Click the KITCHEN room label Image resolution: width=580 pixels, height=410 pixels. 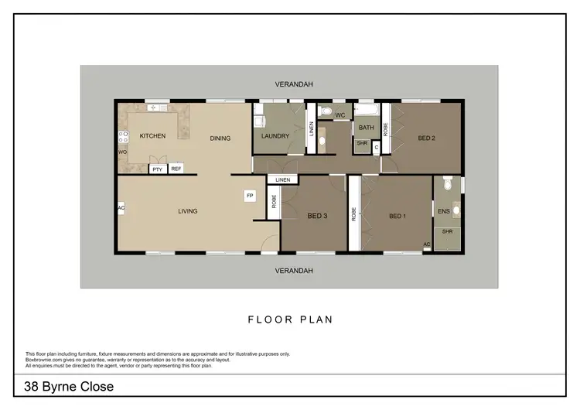pyautogui.click(x=152, y=136)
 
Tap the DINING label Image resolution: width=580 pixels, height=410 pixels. pyautogui.click(x=220, y=138)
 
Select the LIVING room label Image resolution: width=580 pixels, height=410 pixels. pyautogui.click(x=187, y=211)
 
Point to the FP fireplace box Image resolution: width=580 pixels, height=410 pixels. pyautogui.click(x=250, y=196)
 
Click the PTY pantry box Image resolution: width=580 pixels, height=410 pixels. pyautogui.click(x=158, y=169)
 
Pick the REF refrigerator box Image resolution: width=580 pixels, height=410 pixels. pyautogui.click(x=176, y=169)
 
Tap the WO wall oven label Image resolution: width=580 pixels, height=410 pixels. pyautogui.click(x=121, y=152)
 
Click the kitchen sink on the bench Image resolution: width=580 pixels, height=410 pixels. pyautogui.click(x=153, y=107)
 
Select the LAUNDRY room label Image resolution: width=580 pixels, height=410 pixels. pyautogui.click(x=275, y=137)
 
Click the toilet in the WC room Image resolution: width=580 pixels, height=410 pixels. pyautogui.click(x=326, y=114)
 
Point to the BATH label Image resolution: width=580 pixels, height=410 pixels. pyautogui.click(x=366, y=128)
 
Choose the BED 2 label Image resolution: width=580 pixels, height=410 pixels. pyautogui.click(x=427, y=138)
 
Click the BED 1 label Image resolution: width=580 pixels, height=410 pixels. pyautogui.click(x=397, y=216)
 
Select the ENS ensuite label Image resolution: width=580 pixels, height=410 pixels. pyautogui.click(x=443, y=210)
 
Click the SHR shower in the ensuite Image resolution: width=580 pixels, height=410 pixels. pyautogui.click(x=447, y=231)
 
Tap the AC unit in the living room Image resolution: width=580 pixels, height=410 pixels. pyautogui.click(x=121, y=208)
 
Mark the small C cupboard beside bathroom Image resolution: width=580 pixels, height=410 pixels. pyautogui.click(x=376, y=145)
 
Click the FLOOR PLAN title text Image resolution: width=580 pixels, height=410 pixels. pyautogui.click(x=290, y=319)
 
